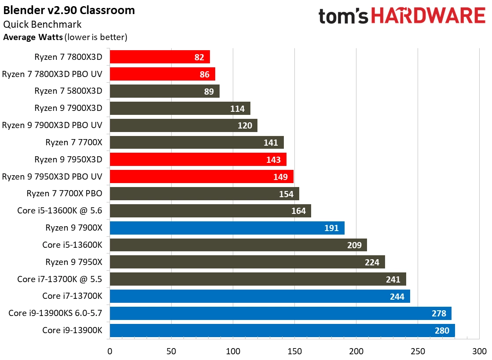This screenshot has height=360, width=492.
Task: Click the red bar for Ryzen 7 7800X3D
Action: (159, 57)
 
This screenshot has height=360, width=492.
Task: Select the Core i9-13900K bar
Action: (282, 331)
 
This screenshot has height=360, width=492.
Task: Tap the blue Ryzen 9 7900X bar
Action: (227, 228)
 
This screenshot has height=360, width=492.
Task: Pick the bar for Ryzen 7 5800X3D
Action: (164, 91)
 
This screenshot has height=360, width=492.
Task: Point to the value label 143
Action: (273, 160)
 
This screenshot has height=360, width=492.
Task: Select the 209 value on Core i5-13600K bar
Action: (354, 245)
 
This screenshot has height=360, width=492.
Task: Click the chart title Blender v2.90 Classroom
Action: (70, 10)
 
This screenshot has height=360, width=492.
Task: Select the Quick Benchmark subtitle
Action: (42, 25)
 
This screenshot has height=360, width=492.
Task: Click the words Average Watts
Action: (33, 37)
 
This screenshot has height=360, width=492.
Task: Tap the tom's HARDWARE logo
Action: (401, 16)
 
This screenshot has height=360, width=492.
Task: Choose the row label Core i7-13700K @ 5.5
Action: (59, 279)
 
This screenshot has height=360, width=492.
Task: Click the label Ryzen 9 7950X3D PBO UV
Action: (52, 176)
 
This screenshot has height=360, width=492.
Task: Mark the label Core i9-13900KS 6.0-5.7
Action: (55, 313)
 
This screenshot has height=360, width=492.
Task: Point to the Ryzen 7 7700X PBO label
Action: (64, 194)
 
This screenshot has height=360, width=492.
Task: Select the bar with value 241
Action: (257, 279)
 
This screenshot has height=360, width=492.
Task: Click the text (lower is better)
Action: (96, 37)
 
